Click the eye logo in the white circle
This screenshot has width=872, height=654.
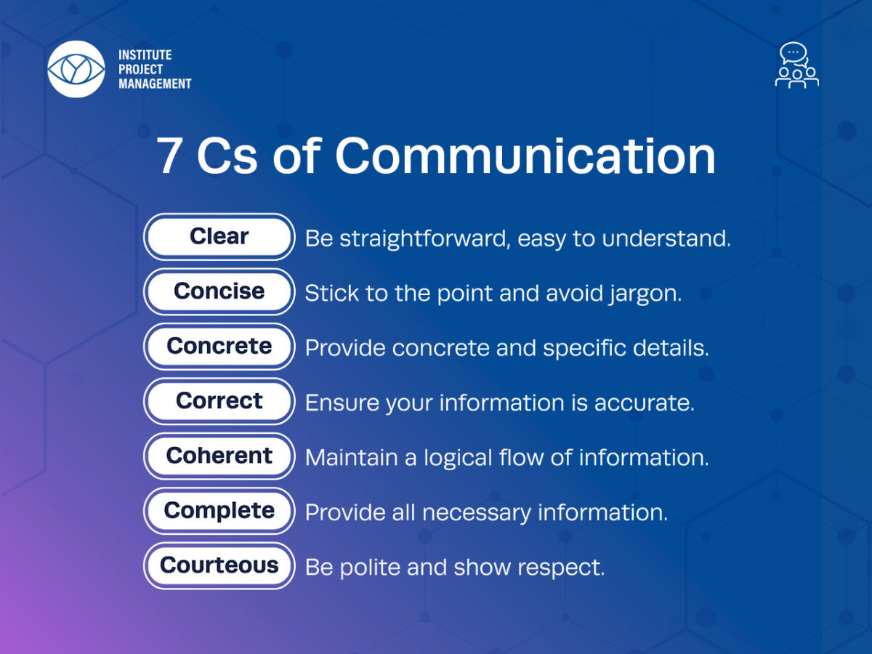pos(76,69)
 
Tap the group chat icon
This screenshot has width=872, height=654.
pos(797,65)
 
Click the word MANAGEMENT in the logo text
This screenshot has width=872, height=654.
pos(155,84)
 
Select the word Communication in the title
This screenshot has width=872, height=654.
pos(525,156)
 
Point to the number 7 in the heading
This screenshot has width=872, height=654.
pos(169,156)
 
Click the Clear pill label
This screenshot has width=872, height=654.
pos(219,237)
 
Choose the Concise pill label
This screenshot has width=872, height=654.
pos(219,292)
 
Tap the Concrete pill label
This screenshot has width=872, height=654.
pos(219,347)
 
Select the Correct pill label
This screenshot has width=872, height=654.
pos(219,401)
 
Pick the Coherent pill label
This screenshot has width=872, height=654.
pos(219,456)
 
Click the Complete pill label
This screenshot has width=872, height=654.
pos(219,511)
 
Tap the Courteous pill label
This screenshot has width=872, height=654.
pos(219,566)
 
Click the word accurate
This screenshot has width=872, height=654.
pos(645,403)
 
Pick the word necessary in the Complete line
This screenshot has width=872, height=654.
pos(477,514)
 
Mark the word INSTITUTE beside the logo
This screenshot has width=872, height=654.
pos(145,54)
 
